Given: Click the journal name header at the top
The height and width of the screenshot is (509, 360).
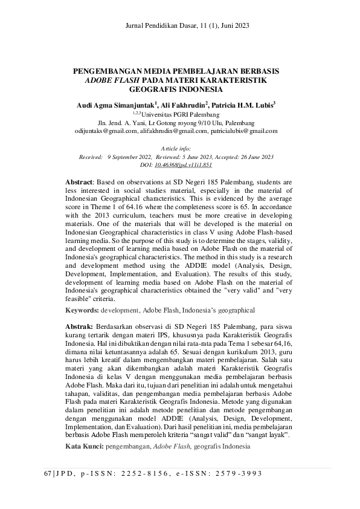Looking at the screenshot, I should tap(187, 25).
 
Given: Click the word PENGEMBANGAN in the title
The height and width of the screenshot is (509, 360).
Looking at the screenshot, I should tap(109, 71).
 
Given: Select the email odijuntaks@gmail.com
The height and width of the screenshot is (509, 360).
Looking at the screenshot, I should tap(106, 130).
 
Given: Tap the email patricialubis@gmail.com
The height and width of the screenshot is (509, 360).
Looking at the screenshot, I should tap(244, 130).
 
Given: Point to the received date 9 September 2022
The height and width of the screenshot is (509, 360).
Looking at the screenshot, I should tap(129, 157).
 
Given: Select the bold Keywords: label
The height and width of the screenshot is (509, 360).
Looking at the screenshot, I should tap(82, 310).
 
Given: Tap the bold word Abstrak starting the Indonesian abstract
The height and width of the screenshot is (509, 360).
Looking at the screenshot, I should tap(79, 326).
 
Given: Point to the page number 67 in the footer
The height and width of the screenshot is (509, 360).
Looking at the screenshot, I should tap(48, 473).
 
